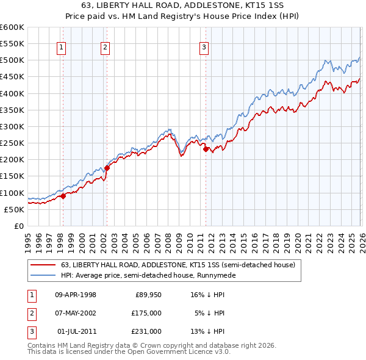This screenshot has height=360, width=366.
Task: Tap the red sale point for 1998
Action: click(x=63, y=196)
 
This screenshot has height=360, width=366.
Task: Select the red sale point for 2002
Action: click(x=107, y=168)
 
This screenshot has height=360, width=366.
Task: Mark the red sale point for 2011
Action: click(x=206, y=149)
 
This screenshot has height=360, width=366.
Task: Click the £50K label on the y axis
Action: click(x=13, y=209)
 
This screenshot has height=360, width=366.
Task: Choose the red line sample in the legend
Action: click(x=43, y=265)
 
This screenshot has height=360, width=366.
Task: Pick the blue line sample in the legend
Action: click(x=43, y=275)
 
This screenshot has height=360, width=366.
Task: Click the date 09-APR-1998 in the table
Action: click(x=76, y=295)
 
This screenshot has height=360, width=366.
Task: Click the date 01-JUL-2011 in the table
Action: click(x=76, y=331)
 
